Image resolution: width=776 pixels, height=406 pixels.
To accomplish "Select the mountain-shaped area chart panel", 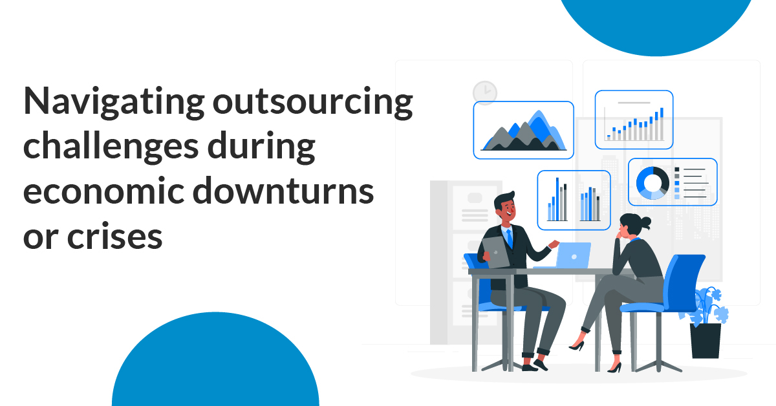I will pyautogui.click(x=523, y=131).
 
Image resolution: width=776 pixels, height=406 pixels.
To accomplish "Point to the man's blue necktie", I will pyautogui.click(x=510, y=238).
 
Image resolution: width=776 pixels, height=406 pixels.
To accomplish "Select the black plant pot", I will pyautogui.click(x=705, y=340).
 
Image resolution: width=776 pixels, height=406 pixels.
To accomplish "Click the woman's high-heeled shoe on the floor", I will pyautogui.click(x=614, y=367).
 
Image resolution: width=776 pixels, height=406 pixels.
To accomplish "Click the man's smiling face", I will pyautogui.click(x=505, y=209).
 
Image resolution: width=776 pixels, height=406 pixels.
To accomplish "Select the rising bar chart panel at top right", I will pyautogui.click(x=634, y=120).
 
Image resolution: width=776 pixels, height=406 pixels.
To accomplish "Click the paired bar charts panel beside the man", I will pyautogui.click(x=574, y=200).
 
